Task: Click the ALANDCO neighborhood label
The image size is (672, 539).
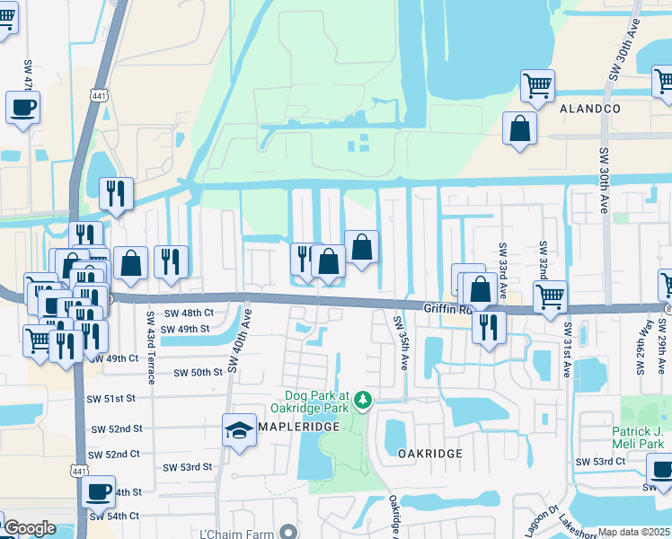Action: pos(590,108)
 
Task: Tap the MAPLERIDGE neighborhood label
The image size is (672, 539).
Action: pos(300,426)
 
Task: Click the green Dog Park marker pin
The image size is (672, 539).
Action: pos(362,398)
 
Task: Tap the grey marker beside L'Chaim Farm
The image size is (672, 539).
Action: pos(287,533)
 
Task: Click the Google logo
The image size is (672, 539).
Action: pos(30,528)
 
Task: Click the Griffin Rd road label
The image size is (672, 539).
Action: pos(443,308)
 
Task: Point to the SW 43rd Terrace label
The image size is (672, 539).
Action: pos(150,347)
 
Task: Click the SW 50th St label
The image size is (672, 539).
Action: pos(198,372)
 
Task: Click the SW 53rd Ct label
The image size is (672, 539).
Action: pos(600,462)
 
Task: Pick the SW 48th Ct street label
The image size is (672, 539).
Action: pos(190,313)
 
